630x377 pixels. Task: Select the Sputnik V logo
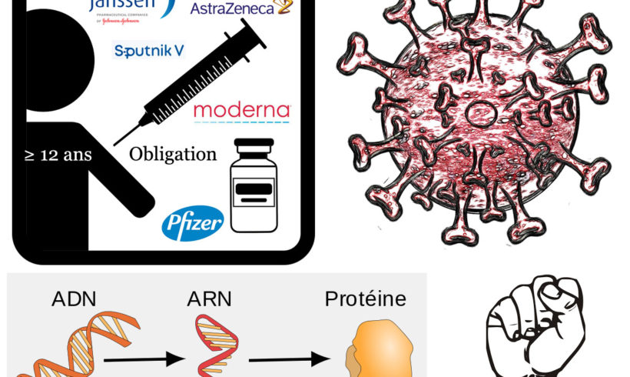(x=148, y=52)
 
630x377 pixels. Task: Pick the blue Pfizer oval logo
(x=192, y=222)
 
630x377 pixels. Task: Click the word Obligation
(x=173, y=154)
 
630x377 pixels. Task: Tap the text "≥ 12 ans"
(x=58, y=155)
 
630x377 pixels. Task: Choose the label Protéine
(x=365, y=298)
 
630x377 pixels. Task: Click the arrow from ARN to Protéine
(x=284, y=359)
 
